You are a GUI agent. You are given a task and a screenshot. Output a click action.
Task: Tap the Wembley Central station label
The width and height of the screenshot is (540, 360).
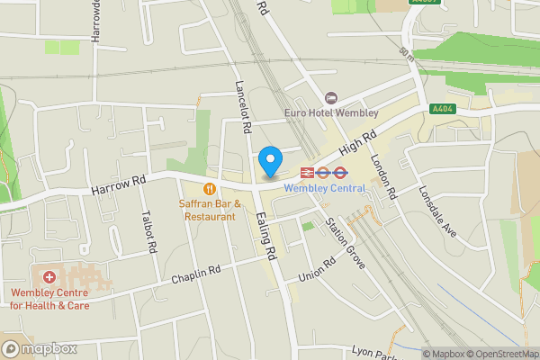click(x=324, y=188)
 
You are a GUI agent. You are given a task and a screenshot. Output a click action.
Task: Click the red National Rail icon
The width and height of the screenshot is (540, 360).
click(x=307, y=171)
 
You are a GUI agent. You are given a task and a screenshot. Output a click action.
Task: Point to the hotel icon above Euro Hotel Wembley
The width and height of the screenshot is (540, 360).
click(x=330, y=97)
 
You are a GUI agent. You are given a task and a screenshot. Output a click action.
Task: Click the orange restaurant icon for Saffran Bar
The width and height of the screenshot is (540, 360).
click(x=209, y=189)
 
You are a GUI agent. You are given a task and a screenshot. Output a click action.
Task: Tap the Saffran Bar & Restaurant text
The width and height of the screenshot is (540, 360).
click(x=211, y=210)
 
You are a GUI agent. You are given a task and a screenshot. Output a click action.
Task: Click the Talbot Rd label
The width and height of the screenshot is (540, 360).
click(x=151, y=234)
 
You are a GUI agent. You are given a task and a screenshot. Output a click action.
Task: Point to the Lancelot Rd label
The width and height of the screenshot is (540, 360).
click(x=242, y=107)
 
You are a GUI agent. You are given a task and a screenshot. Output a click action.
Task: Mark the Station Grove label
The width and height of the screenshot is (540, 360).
click(x=346, y=243)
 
